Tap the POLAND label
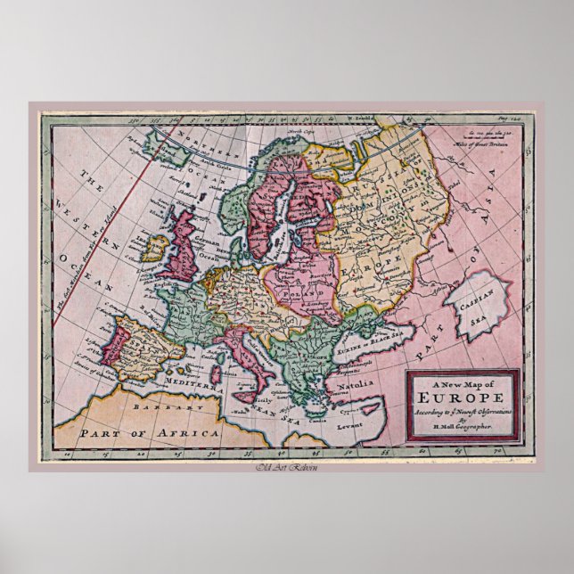pyautogui.click(x=293, y=291)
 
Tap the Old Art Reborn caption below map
pyautogui.click(x=286, y=468)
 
